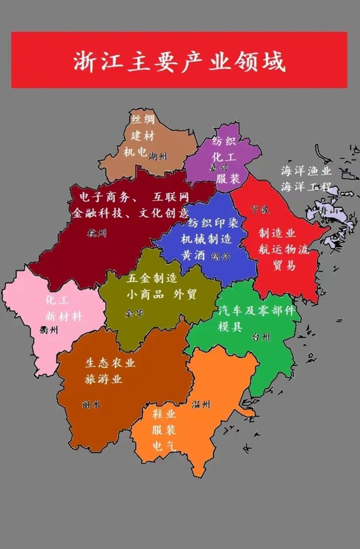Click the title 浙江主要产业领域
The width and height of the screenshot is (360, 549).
[x=179, y=61]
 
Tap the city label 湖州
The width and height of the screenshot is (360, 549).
[x=158, y=156]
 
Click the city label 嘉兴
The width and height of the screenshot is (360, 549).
[x=219, y=167]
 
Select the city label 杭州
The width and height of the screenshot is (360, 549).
[x=97, y=233]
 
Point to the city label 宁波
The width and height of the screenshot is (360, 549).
[x=260, y=209]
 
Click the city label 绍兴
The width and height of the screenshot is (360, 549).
[x=220, y=257]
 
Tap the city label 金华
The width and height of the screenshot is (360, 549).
[x=134, y=313]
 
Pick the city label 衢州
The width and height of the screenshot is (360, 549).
[x=49, y=330]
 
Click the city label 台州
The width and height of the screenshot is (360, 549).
[x=260, y=337]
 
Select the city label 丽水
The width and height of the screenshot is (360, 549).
[x=91, y=404]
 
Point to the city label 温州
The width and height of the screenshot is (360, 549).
[x=201, y=404]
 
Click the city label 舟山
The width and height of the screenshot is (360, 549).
[x=328, y=211]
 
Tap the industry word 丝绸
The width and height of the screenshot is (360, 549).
[x=143, y=119]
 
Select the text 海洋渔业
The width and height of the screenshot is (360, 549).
[x=306, y=171]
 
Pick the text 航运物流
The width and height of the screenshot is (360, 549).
[x=284, y=249]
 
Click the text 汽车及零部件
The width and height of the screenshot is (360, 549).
[x=257, y=310]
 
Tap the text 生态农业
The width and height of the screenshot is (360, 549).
[x=110, y=362]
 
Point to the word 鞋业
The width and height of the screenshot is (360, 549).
[x=164, y=414]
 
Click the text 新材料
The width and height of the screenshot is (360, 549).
[x=64, y=316]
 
